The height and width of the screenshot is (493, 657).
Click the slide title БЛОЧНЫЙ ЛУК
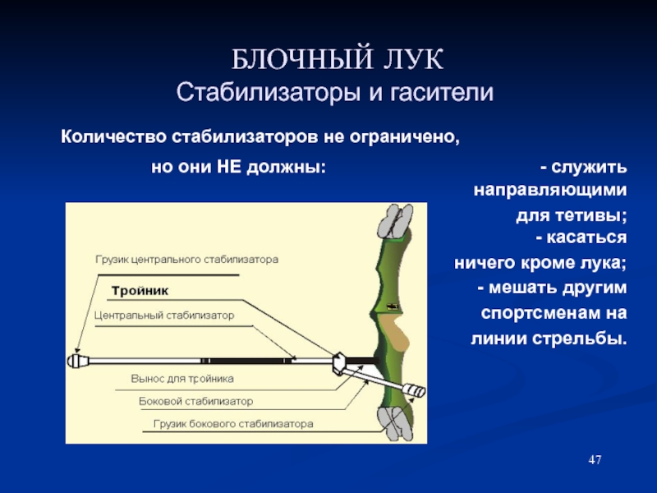click(337, 59)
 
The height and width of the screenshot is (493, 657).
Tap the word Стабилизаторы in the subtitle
click(269, 93)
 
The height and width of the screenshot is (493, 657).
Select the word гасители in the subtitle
click(442, 93)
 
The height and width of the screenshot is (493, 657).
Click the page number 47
click(595, 460)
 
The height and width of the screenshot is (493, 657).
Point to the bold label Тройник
click(140, 291)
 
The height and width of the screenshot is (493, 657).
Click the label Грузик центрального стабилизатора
click(187, 260)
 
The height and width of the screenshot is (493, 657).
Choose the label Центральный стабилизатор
click(163, 316)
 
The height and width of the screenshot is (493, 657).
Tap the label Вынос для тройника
click(182, 379)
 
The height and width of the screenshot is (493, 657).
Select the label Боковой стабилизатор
click(195, 402)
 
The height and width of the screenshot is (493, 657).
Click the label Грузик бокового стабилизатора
click(233, 424)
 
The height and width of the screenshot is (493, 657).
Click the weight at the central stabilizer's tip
click(78, 361)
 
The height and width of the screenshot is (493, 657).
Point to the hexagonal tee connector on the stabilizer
click(338, 363)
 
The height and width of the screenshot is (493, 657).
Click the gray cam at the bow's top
click(395, 222)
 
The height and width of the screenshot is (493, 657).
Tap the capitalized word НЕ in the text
click(228, 167)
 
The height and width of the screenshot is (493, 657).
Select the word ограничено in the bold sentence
click(404, 137)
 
